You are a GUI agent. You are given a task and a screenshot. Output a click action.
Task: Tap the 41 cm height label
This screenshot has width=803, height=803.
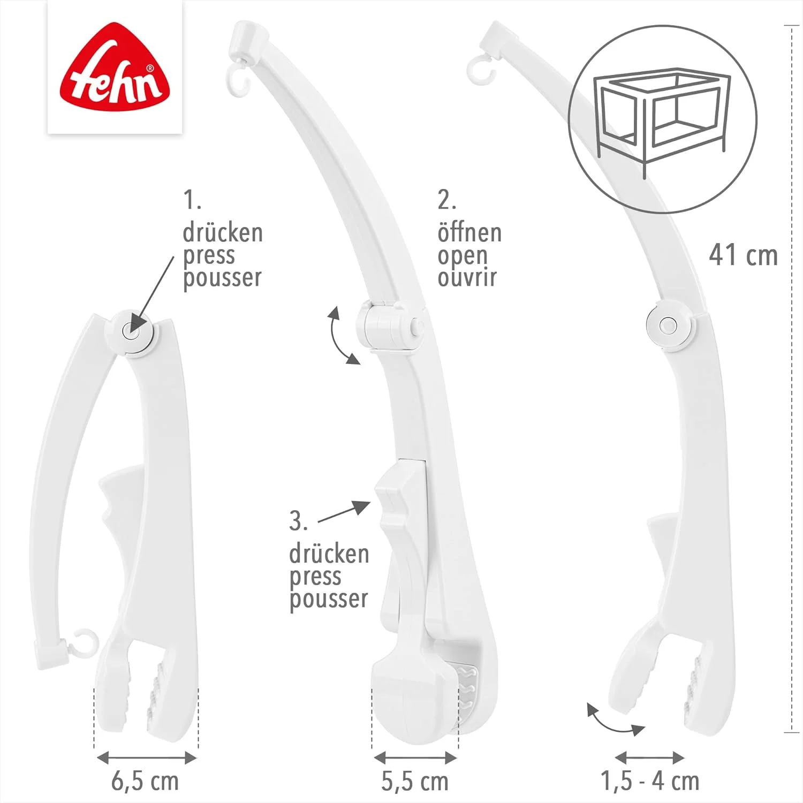743,255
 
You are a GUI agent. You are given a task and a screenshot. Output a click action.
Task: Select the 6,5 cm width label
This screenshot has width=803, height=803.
145,782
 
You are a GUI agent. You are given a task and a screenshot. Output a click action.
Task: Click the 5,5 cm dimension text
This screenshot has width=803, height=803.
415,782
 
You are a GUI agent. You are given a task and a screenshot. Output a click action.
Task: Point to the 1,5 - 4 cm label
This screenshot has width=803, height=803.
650,782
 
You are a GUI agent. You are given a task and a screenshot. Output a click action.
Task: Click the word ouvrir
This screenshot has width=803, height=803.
467,277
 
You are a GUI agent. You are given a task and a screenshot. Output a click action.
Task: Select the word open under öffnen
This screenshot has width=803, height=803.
463,256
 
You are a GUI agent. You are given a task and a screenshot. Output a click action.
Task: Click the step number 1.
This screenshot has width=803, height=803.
191,200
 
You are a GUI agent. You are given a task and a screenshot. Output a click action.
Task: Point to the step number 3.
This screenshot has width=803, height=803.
298,521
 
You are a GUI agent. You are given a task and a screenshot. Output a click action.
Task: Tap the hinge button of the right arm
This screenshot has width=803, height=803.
668,325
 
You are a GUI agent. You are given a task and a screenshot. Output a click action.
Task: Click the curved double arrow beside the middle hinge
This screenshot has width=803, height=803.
341,336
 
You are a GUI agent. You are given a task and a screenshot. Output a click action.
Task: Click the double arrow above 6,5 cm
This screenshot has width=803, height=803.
146,757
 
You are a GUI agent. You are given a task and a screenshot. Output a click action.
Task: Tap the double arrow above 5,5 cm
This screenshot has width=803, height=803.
415,757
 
